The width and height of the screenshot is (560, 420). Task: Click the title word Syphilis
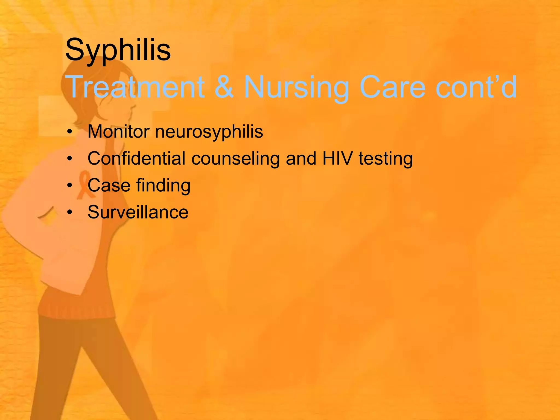[118, 50]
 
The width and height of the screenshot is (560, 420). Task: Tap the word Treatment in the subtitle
[135, 87]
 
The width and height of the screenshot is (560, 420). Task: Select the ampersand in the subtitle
[224, 87]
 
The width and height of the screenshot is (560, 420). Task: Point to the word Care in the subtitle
[392, 87]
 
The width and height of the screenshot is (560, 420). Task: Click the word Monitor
[118, 132]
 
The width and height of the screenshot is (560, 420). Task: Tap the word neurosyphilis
[209, 132]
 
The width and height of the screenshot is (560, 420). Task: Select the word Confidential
[136, 158]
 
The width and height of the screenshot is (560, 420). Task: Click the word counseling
[235, 159]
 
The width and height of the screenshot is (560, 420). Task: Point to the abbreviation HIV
[337, 158]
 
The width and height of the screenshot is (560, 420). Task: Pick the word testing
[386, 159]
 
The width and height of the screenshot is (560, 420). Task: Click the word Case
[109, 185]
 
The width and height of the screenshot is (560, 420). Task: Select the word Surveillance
[138, 212]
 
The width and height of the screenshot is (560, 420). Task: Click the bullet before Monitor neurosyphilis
[70, 132]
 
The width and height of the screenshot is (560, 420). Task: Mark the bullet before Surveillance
[70, 212]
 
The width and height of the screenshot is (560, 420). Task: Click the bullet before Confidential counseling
[70, 159]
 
